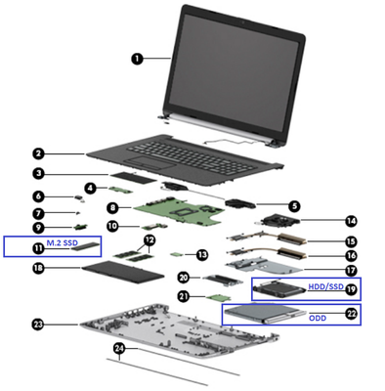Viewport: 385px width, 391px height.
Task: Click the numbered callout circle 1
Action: click(138, 59)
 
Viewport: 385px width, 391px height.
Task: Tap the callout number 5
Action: click(294, 205)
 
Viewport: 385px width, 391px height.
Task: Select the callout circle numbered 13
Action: click(202, 254)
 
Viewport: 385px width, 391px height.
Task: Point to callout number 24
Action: click(119, 348)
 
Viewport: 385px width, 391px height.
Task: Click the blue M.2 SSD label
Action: click(63, 242)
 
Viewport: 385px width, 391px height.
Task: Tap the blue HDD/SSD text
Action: click(325, 286)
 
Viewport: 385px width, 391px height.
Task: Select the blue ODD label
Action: click(318, 318)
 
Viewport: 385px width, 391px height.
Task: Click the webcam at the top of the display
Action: click(242, 22)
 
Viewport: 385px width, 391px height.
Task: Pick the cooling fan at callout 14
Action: click(277, 221)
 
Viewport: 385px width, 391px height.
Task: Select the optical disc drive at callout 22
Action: click(266, 315)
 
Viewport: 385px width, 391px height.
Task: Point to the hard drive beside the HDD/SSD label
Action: click(278, 289)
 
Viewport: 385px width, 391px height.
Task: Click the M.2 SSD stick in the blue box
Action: click(85, 247)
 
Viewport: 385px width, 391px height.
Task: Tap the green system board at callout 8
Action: click(179, 212)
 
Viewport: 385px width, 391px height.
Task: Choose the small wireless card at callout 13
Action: click(176, 254)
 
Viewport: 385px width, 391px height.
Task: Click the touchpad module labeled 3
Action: click(134, 178)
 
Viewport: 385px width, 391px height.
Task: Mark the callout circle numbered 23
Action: click(38, 325)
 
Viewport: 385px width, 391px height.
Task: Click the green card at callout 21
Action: click(219, 297)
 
